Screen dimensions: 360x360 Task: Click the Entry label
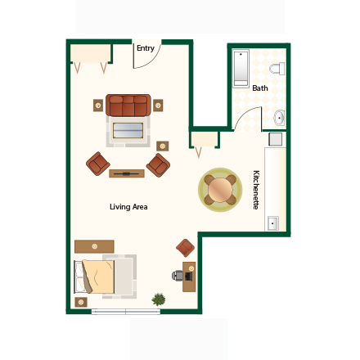coord(146,48)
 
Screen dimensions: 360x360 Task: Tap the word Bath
coord(260,88)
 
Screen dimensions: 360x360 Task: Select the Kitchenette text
coord(256,190)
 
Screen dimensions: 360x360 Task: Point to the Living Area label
coord(128,207)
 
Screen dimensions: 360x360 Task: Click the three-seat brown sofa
coord(128,105)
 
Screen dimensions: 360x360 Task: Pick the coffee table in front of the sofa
coord(128,129)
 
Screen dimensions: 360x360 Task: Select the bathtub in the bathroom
coord(241,69)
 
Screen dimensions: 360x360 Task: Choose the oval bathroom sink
coord(279,118)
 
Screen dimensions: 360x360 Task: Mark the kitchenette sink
coord(273,223)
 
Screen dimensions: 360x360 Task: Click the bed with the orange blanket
coord(97,276)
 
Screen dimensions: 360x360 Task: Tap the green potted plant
coord(159,299)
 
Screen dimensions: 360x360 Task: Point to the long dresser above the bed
coord(94,245)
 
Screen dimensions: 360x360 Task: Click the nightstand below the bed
coord(80,302)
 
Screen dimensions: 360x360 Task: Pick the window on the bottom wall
coord(125,312)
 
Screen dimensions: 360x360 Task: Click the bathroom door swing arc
coord(246,119)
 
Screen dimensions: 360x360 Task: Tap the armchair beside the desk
coord(186,247)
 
